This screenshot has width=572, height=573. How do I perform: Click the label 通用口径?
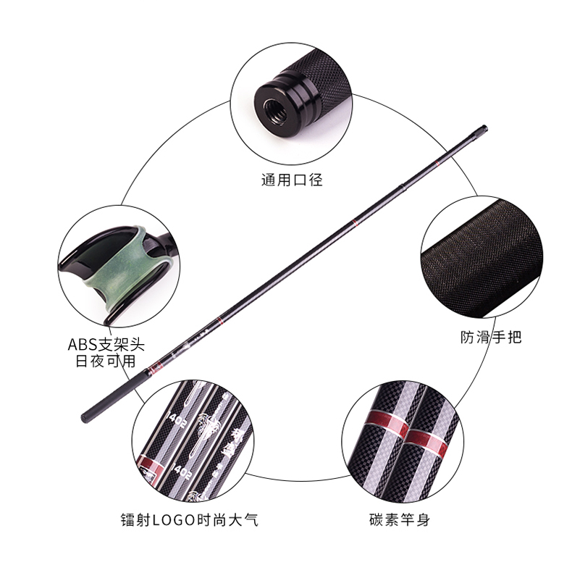coord(292,180)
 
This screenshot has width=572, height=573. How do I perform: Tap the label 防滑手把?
coord(491,337)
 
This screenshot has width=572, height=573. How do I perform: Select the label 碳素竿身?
coord(400,519)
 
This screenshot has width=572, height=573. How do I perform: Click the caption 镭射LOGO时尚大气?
coord(190,519)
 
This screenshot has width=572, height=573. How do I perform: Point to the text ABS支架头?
coord(106,345)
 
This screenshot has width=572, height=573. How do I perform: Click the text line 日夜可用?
coord(106,361)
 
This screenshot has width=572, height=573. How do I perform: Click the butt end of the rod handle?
coord(85,418)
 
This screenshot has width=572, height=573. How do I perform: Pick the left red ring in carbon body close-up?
coord(389,424)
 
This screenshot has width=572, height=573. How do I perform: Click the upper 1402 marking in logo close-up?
coord(177,419)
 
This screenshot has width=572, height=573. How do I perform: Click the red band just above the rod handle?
coord(157,364)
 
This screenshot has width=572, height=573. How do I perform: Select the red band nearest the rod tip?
coord(437,162)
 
